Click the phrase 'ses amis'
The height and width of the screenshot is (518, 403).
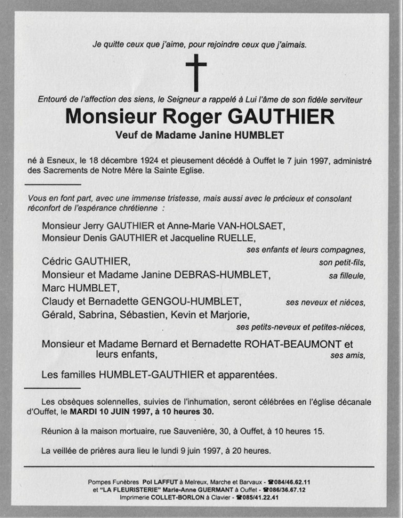pos(348,356)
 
